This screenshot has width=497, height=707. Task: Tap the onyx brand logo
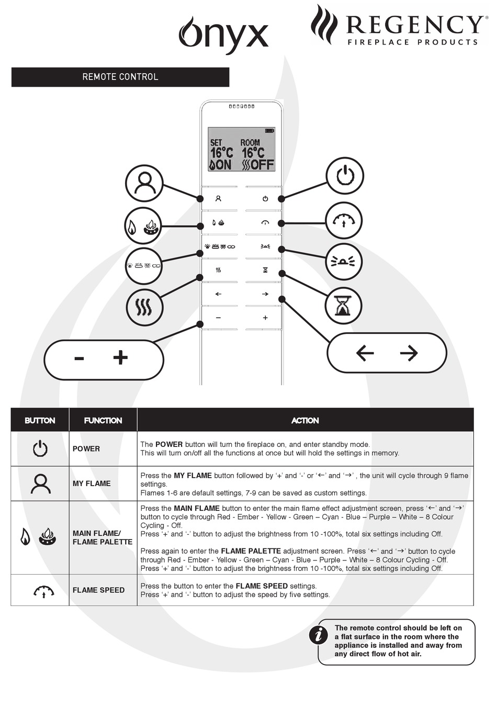click(223, 34)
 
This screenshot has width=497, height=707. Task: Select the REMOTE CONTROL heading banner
click(120, 77)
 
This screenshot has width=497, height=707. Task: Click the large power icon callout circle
click(344, 175)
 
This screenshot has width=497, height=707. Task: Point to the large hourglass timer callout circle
click(343, 305)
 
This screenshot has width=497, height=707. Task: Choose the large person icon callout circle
click(144, 183)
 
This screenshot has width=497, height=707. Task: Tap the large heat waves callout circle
click(144, 307)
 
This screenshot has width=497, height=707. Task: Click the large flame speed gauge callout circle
click(344, 221)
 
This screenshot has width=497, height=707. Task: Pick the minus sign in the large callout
click(79, 358)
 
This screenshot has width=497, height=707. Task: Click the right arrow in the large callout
click(409, 353)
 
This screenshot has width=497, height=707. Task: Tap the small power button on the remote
click(265, 199)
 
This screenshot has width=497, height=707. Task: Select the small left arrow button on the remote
click(218, 294)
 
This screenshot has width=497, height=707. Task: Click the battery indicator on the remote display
click(269, 130)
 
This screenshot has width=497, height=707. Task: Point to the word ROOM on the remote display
click(250, 142)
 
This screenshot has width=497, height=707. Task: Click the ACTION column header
click(305, 420)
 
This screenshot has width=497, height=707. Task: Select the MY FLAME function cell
click(92, 484)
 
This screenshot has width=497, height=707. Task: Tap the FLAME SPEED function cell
click(98, 590)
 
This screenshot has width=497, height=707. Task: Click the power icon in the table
click(40, 448)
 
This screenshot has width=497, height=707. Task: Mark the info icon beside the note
click(318, 635)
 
